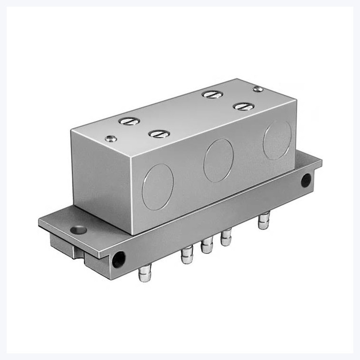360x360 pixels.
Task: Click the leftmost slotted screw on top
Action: (x=129, y=121)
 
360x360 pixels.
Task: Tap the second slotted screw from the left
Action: (x=159, y=134)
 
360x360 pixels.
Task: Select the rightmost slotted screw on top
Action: (x=243, y=106)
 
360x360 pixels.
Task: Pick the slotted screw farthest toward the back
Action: (x=212, y=94)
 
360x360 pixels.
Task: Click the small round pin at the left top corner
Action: (x=110, y=139)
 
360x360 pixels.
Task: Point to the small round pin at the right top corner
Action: (x=258, y=89)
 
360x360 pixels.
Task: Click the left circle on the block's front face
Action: (x=158, y=187)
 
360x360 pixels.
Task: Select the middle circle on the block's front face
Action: (x=218, y=160)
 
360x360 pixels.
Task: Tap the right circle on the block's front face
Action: (x=277, y=140)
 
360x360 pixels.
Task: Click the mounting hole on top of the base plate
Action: (x=78, y=230)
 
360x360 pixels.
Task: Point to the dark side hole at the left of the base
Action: (x=118, y=260)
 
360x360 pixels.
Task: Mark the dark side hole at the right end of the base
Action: (x=306, y=180)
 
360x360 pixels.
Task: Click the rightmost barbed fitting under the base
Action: (x=263, y=221)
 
